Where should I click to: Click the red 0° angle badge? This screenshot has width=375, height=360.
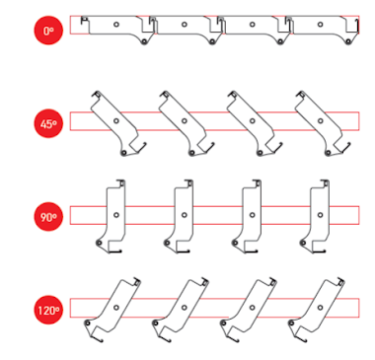[48, 31]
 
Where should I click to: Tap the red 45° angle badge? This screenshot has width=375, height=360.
[48, 123]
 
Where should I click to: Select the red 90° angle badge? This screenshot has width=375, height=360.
[48, 217]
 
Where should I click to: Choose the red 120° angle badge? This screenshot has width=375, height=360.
[48, 310]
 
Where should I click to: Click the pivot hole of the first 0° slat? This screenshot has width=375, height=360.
[116, 25]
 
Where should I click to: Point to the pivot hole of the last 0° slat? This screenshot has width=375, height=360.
[321, 25]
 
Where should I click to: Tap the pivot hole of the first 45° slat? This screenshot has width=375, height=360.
[116, 121]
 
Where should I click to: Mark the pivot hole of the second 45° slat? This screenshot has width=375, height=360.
[185, 121]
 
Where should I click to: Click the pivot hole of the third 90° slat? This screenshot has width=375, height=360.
[253, 215]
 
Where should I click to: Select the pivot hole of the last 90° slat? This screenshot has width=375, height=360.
[321, 215]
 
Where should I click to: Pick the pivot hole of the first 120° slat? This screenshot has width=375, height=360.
[116, 308]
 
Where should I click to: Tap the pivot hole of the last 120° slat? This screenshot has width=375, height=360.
[321, 308]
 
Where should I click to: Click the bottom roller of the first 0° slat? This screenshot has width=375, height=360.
[144, 41]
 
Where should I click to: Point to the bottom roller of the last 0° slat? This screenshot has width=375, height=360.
[348, 41]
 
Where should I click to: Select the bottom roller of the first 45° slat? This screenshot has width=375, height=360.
[123, 153]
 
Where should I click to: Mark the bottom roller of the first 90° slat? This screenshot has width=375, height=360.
[99, 243]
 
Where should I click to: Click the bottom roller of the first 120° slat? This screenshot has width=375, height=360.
[87, 324]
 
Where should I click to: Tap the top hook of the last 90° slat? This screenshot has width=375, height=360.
[325, 182]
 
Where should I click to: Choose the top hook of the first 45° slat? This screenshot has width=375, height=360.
[97, 94]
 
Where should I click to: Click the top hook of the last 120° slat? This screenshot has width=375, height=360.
[340, 282]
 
